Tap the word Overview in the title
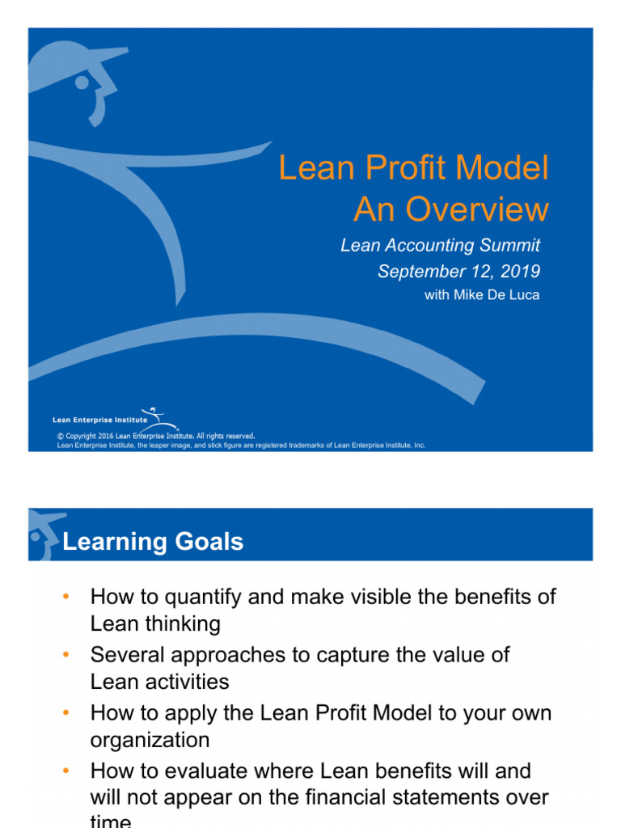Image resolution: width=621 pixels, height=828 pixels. [x=477, y=210]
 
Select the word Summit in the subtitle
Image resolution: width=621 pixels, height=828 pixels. [x=507, y=245]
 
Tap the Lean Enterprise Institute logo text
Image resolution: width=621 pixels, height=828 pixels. [x=100, y=420]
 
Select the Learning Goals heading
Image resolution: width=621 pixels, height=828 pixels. [x=153, y=541]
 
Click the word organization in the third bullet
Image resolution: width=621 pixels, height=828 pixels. [x=150, y=740]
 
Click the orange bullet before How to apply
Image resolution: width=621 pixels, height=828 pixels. [x=66, y=712]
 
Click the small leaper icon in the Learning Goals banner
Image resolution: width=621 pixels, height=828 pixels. [x=44, y=534]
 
